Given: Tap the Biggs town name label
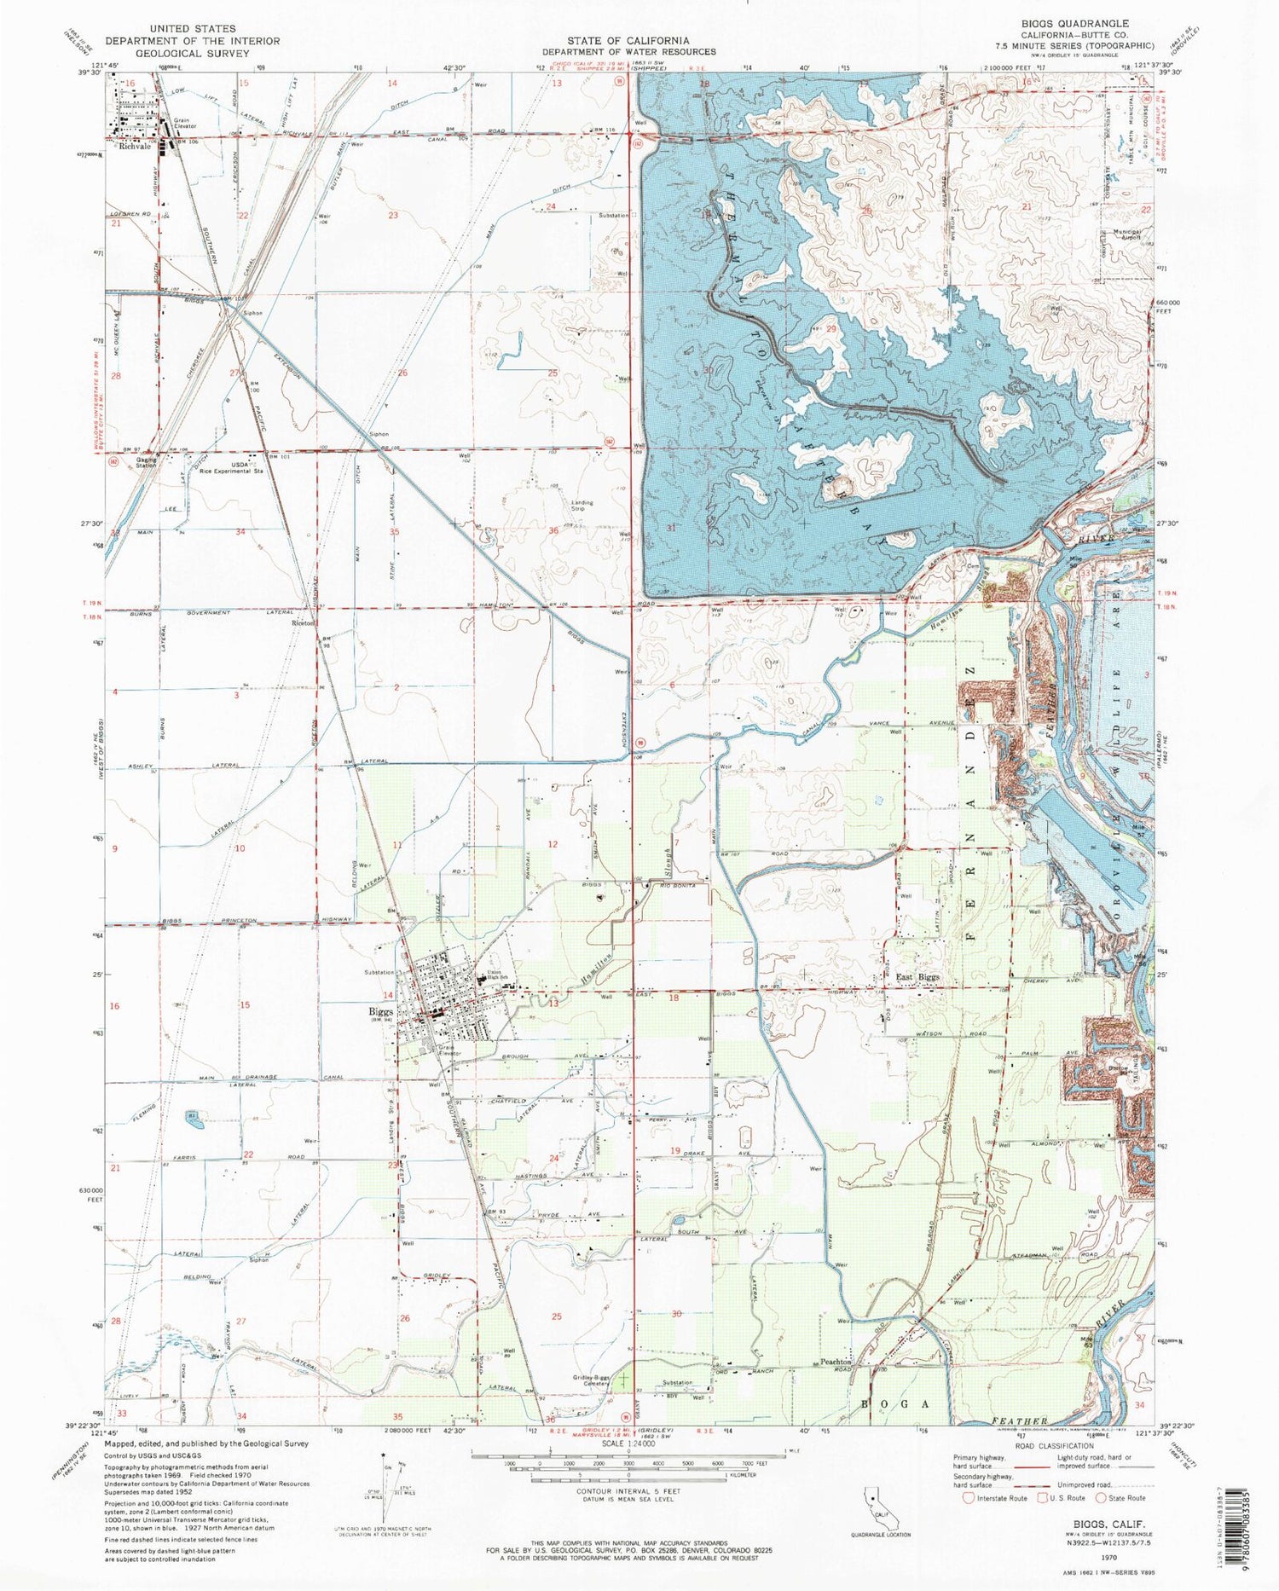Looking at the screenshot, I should coord(380,1012).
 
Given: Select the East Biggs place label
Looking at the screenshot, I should coord(917,977).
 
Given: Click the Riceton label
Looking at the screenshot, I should coord(303,623).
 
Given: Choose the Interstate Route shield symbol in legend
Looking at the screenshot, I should coord(969,1497).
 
